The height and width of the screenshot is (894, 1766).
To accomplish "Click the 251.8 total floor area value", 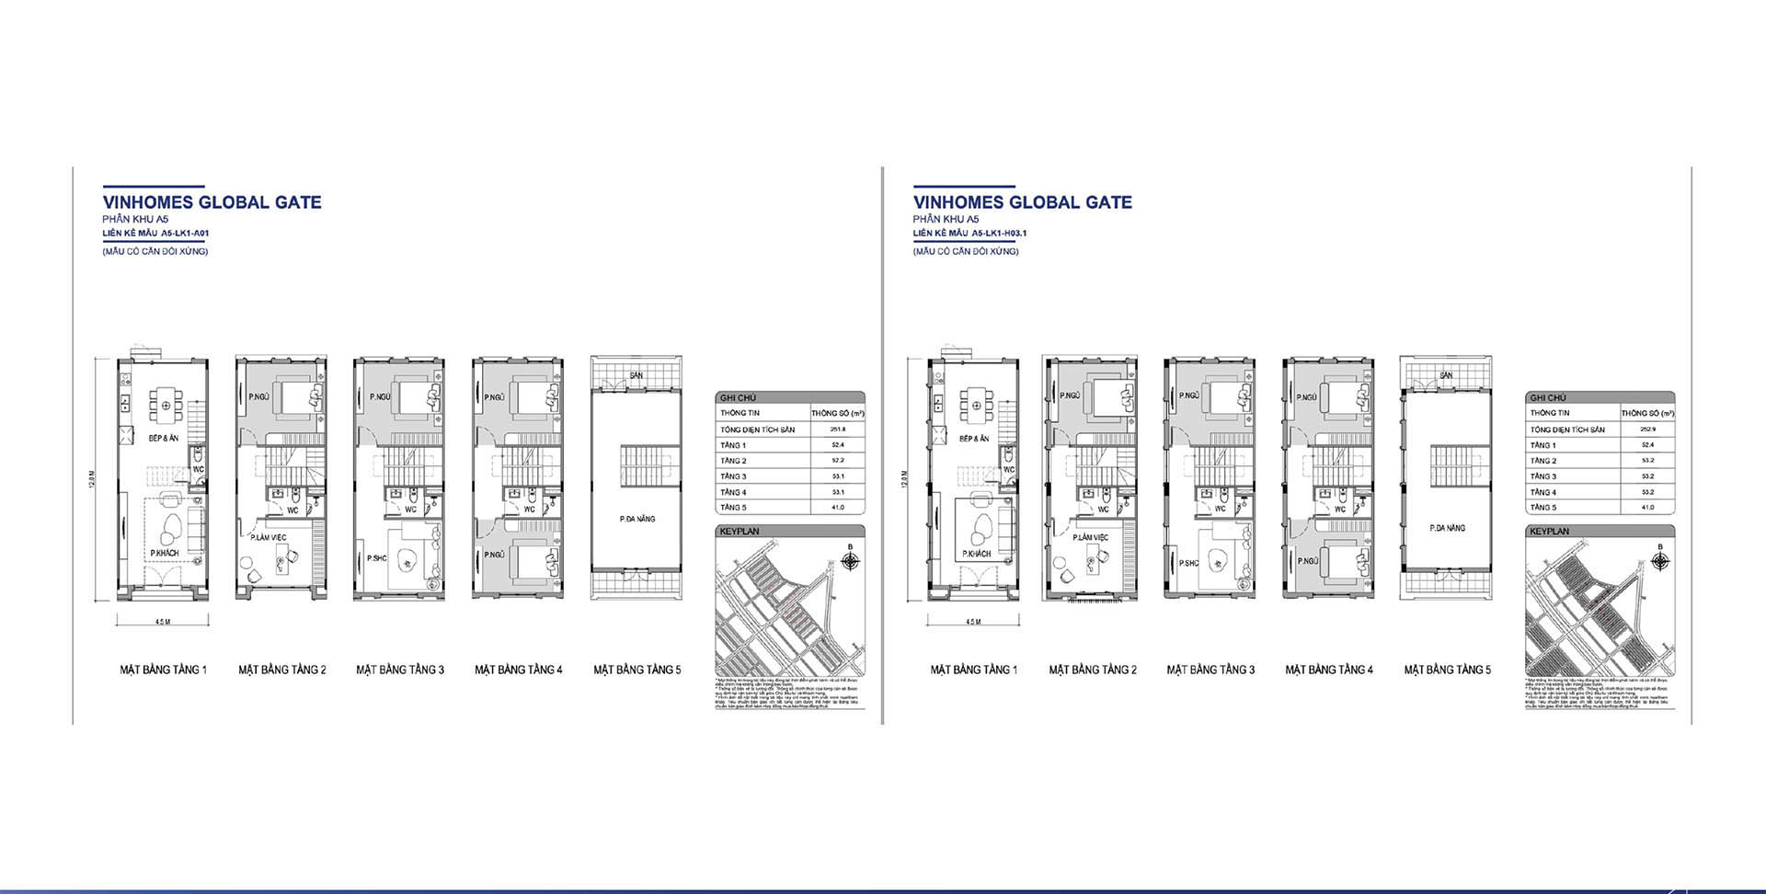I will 837,430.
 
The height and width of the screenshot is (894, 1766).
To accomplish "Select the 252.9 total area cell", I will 1647,430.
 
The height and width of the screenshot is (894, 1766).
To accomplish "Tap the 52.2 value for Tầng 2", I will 837,461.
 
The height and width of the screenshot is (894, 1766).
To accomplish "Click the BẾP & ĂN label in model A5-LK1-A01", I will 164,439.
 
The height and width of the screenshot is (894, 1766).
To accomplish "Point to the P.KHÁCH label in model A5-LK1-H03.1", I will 976,555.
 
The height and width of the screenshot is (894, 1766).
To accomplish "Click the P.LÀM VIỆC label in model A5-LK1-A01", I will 268,537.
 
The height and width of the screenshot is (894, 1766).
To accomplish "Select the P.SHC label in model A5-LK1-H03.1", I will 1189,563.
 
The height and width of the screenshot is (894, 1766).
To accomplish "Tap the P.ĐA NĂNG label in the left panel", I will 637,519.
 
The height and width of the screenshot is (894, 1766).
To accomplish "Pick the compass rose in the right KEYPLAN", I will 1660,560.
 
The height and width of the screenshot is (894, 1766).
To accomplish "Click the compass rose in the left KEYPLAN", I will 850,560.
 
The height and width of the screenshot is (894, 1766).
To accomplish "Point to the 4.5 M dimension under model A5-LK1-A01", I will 163,623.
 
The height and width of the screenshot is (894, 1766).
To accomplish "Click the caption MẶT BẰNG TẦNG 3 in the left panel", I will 400,670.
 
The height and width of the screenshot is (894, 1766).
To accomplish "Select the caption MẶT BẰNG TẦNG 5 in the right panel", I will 1447,670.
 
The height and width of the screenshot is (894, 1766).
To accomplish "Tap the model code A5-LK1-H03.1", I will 998,234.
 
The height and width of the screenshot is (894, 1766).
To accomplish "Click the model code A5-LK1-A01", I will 185,234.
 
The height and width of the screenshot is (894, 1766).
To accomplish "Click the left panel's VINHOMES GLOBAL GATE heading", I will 212,202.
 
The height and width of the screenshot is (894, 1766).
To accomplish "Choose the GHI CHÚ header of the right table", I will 1549,398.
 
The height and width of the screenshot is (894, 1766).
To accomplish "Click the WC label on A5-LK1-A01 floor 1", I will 198,469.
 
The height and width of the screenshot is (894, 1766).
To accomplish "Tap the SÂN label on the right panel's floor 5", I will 1446,376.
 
